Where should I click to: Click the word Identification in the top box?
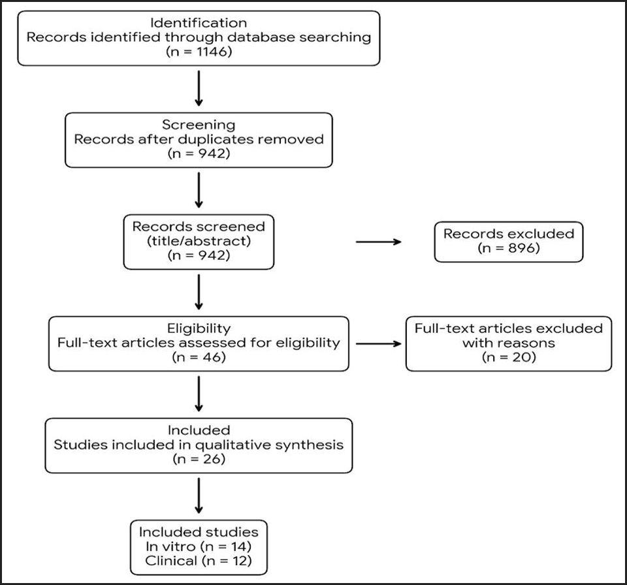[x=199, y=22]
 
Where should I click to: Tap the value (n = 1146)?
[x=199, y=52]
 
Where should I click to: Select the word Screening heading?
[x=199, y=123]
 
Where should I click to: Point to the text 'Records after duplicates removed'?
[x=199, y=138]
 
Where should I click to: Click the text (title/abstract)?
[x=199, y=241]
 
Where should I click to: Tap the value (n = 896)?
[x=508, y=248]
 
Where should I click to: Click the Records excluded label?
[x=508, y=233]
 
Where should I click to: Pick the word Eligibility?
[x=199, y=328]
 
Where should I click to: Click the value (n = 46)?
[x=199, y=357]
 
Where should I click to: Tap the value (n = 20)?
[x=508, y=357]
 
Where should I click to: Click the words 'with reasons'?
[x=508, y=343]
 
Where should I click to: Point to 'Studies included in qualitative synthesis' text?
[x=199, y=445]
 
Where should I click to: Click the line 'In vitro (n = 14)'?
[x=199, y=545]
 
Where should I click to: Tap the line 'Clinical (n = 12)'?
[x=199, y=560]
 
